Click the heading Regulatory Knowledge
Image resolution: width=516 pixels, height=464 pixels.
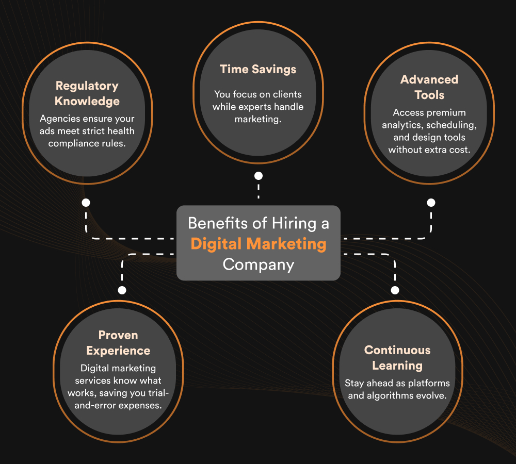[x=87, y=93]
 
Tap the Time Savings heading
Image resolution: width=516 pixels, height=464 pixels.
[x=258, y=69]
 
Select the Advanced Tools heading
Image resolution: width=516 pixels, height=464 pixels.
[x=429, y=87]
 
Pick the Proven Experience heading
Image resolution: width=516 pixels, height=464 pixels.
[x=118, y=343]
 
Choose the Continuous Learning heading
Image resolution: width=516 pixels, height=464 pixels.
[x=397, y=358]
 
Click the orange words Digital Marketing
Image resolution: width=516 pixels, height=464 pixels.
[x=259, y=243]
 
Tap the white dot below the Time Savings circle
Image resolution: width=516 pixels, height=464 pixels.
[x=259, y=176]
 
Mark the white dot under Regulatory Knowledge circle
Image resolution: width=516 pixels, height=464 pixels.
[x=86, y=203]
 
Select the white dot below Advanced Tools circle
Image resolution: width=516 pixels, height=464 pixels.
[x=431, y=203]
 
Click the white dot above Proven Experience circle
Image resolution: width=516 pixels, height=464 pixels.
[x=122, y=290]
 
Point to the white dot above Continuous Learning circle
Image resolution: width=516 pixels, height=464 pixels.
[x=395, y=290]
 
